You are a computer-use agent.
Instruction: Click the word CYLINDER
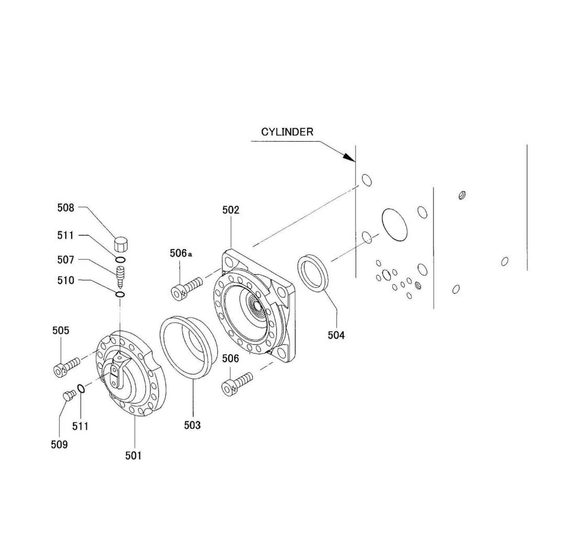pos(287,132)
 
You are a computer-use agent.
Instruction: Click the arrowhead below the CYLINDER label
pos(348,157)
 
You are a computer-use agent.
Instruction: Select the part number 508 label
pos(66,208)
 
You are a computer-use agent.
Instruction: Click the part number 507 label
pos(66,259)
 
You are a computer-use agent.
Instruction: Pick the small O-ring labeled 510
pos(120,294)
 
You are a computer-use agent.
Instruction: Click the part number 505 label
pos(61,331)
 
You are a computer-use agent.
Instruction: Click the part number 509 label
pos(59,444)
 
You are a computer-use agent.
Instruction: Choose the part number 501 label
pos(133,455)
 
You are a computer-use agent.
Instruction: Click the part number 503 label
pos(192,425)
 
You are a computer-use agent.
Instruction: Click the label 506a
pos(181,253)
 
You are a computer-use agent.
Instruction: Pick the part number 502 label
pos(231,210)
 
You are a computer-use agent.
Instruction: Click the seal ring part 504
pos(315,272)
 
